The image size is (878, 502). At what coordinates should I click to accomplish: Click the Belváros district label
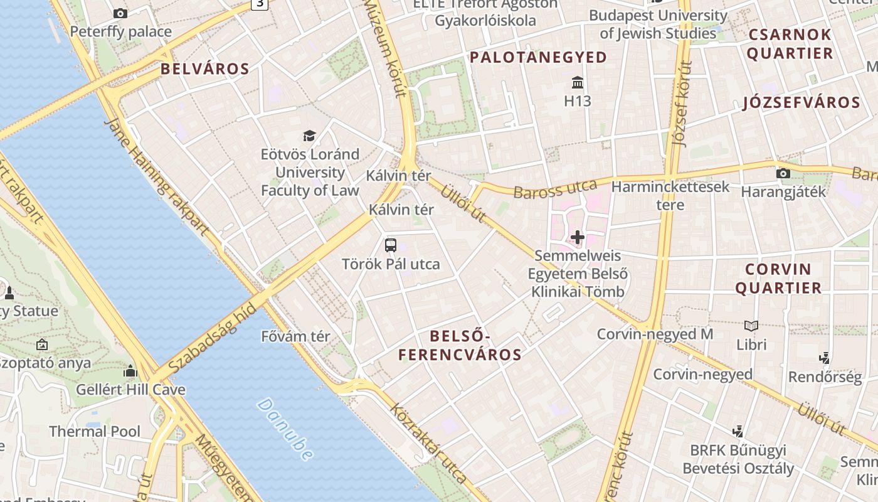pos(205,69)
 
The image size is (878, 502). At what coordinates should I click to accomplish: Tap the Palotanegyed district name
pos(539,58)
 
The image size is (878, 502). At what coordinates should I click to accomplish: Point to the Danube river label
pos(284,429)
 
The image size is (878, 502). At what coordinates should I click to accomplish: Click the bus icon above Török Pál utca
pos(391,245)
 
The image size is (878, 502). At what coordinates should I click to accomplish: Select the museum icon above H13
pos(578,83)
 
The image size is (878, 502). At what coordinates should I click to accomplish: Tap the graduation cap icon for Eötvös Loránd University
pos(309,136)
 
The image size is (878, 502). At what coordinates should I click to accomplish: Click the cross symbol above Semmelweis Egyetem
pos(578,237)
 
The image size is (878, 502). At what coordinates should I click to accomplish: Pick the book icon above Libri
pos(751,326)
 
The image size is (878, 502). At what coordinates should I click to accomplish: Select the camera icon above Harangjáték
pos(783,174)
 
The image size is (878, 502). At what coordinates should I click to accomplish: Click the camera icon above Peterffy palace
pos(120,13)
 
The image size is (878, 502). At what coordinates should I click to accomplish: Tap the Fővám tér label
pos(295,336)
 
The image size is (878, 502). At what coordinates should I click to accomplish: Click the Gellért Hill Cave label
pos(130,390)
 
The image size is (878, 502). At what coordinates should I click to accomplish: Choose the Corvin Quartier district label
pos(778,279)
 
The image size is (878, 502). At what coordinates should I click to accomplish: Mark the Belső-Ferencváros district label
pos(460,345)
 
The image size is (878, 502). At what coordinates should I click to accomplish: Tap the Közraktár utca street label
pos(429,443)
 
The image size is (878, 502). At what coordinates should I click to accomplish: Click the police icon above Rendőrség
pos(825,358)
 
